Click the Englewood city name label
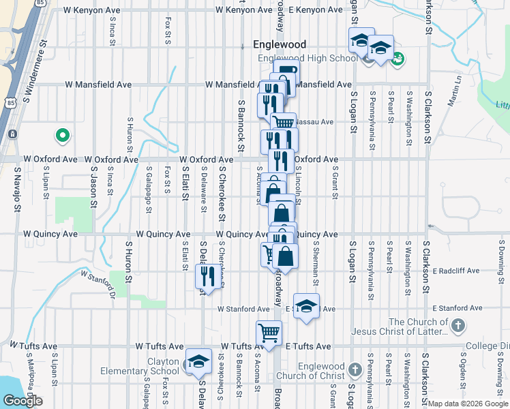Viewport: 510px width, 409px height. coord(279,44)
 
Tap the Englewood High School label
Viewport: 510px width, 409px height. coord(307,59)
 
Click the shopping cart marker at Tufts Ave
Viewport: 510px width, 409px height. coord(269,333)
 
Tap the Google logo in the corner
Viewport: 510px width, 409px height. coord(22,401)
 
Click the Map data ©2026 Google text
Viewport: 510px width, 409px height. coord(468,404)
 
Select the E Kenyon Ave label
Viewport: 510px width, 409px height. coord(316,10)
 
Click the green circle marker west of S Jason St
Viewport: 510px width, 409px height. coord(63,136)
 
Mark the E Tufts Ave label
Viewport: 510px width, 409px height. coord(308,346)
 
